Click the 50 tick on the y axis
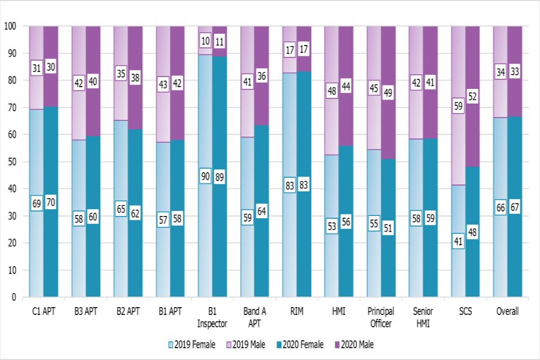(12, 162)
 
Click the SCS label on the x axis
(465, 311)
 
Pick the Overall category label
(507, 311)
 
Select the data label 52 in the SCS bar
(472, 96)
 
